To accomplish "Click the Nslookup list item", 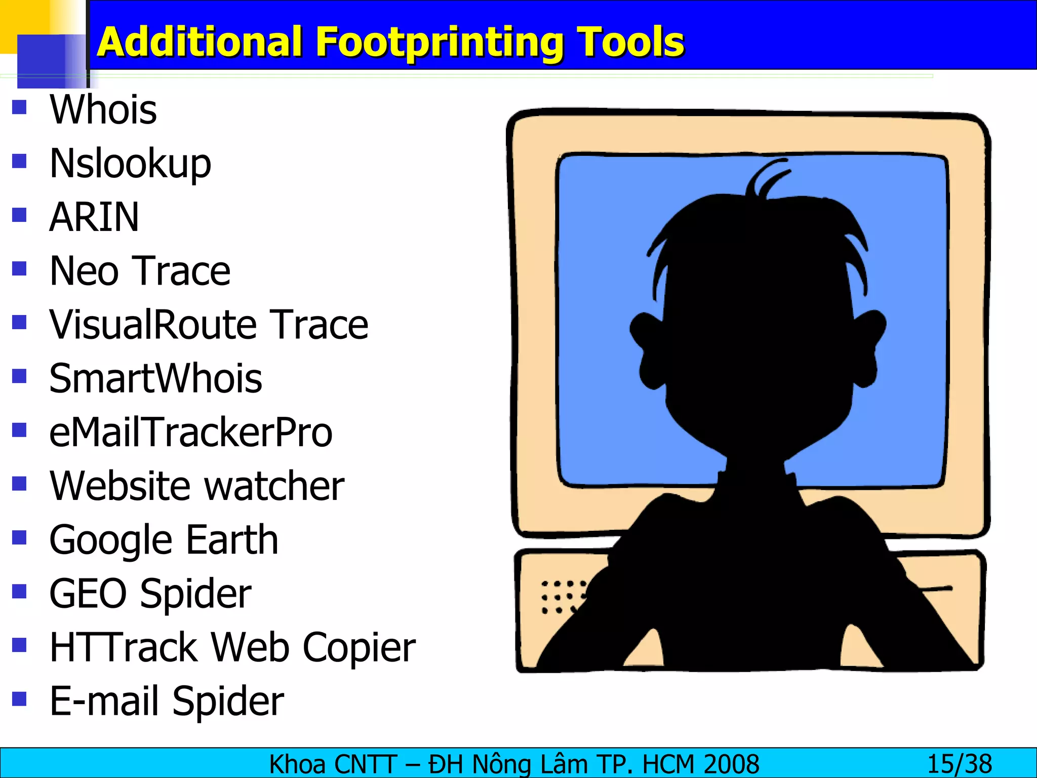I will [x=130, y=164].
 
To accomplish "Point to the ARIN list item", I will [x=94, y=217].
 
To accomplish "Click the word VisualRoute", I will [x=151, y=325].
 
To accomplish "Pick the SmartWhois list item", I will [x=156, y=379].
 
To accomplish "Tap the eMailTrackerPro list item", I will [x=191, y=433].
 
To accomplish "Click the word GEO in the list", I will [x=88, y=594].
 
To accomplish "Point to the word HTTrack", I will [x=124, y=647].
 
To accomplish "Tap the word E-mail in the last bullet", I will [x=105, y=701].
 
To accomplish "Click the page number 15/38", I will [x=959, y=764].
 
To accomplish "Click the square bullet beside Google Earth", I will [x=19, y=537].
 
